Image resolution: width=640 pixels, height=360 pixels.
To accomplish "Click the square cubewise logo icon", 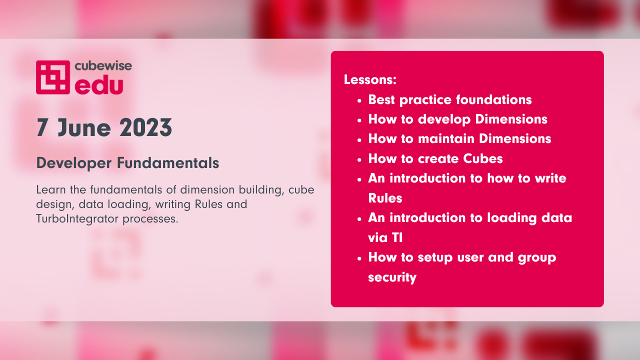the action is pyautogui.click(x=53, y=77).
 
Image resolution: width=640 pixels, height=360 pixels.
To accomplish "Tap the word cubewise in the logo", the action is pyautogui.click(x=103, y=66).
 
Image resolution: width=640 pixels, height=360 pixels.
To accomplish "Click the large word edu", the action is pyautogui.click(x=99, y=85).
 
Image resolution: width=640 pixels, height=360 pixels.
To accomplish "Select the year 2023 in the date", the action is pyautogui.click(x=145, y=127).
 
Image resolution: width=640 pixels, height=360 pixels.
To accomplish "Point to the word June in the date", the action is pyautogui.click(x=84, y=127).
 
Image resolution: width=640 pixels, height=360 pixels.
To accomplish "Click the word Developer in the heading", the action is pyautogui.click(x=74, y=163).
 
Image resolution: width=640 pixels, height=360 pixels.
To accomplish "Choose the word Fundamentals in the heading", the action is pyautogui.click(x=168, y=163).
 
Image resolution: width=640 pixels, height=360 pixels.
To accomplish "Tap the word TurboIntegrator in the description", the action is pyautogui.click(x=76, y=219).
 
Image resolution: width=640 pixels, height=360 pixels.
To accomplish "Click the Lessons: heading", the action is pyautogui.click(x=370, y=79).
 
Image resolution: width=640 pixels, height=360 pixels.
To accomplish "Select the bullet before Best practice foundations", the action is pyautogui.click(x=359, y=101).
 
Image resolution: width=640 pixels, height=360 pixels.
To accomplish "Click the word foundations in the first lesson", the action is pyautogui.click(x=493, y=99).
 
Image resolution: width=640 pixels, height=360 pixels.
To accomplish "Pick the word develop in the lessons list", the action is pyautogui.click(x=444, y=119).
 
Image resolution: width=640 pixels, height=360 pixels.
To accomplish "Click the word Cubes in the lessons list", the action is pyautogui.click(x=483, y=158).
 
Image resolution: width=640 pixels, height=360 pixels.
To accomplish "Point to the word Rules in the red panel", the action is pyautogui.click(x=385, y=198).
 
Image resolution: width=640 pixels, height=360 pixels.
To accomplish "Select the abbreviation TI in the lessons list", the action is pyautogui.click(x=397, y=237).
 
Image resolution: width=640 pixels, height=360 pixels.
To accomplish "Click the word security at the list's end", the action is pyautogui.click(x=392, y=277).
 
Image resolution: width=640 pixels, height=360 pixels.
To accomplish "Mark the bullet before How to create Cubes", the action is pyautogui.click(x=359, y=160).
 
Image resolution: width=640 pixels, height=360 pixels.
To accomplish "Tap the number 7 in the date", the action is pyautogui.click(x=41, y=127).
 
